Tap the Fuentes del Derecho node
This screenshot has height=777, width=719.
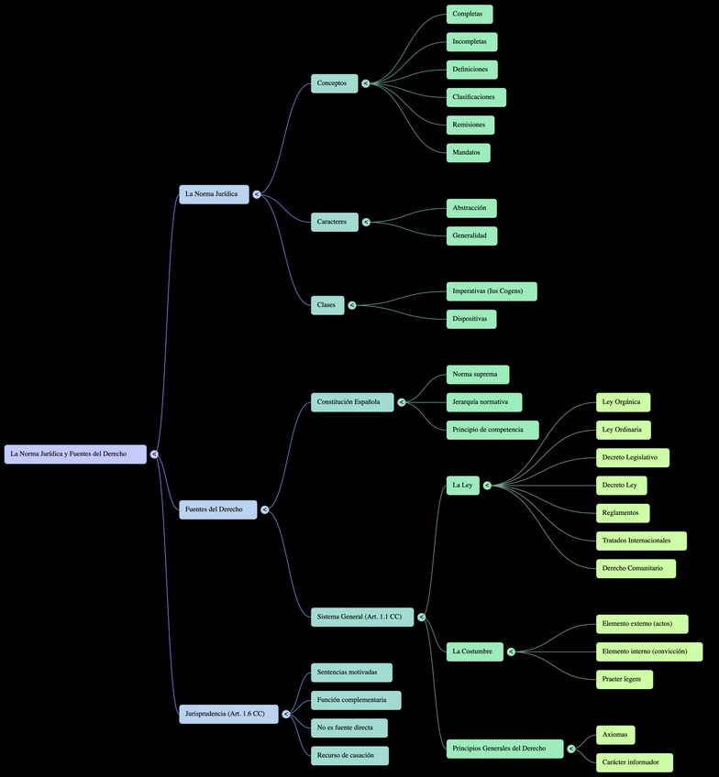click(217, 509)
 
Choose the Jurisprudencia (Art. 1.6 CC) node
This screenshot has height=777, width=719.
click(228, 714)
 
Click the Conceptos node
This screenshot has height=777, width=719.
click(334, 83)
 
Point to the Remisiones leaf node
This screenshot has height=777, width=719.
click(470, 125)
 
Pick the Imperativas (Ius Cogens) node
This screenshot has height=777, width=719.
click(492, 291)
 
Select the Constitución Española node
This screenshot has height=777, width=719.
click(352, 402)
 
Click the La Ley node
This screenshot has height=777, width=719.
click(463, 486)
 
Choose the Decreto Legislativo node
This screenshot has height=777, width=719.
click(632, 457)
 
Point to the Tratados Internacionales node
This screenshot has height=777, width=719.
click(640, 541)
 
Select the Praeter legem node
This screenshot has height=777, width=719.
click(624, 679)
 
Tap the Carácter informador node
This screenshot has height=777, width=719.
click(634, 762)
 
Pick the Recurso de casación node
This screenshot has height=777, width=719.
click(349, 756)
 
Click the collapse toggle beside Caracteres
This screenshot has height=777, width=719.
click(366, 222)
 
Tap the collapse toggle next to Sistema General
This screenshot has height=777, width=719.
click(422, 618)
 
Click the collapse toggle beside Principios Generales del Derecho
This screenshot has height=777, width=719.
click(571, 749)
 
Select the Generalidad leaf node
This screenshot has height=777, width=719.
click(471, 235)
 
